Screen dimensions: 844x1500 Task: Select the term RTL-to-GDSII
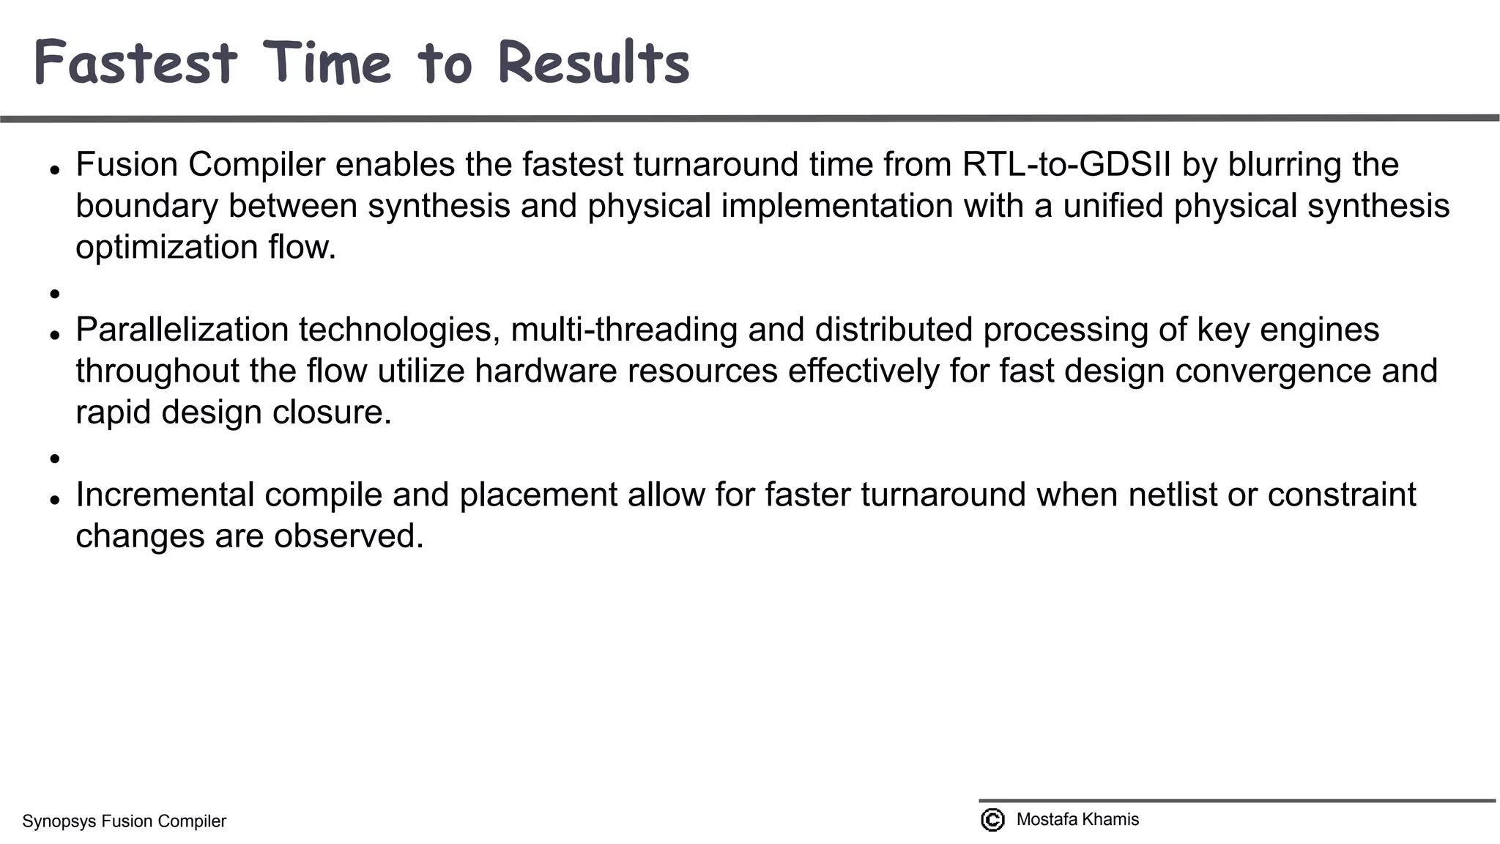[x=1066, y=165]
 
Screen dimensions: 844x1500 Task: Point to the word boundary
[x=146, y=206]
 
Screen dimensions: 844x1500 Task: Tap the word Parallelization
[x=182, y=330]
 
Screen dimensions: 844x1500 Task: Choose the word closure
[x=332, y=412]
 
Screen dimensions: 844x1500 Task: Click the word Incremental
[x=165, y=495]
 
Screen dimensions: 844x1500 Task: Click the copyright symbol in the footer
[x=992, y=820]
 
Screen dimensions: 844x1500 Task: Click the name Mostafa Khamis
[x=1077, y=820]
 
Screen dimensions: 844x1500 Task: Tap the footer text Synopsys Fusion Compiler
[x=125, y=821]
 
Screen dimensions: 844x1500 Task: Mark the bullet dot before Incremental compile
[x=54, y=500]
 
